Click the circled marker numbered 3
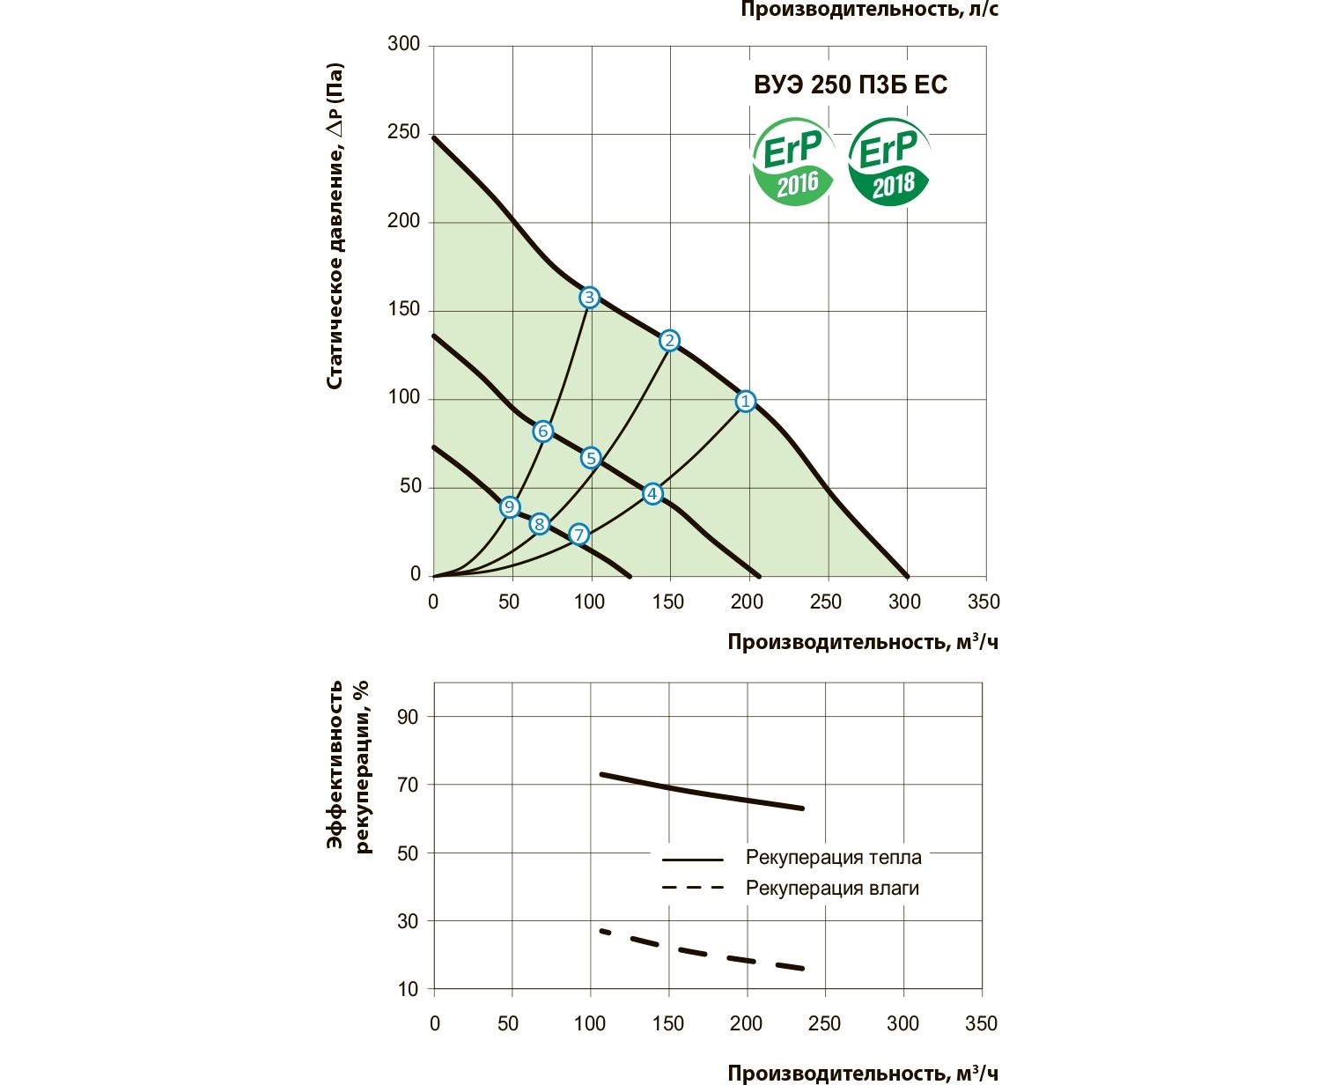point(589,298)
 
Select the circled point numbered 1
point(746,402)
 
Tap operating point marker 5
point(590,458)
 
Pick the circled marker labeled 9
point(509,507)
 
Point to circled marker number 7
point(578,535)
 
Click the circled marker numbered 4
point(652,494)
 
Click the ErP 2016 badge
point(792,164)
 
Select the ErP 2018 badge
point(889,164)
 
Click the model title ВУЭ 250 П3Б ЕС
point(851,85)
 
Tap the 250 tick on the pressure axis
point(403,132)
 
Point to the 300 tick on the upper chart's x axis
point(904,602)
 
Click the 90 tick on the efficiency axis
point(408,717)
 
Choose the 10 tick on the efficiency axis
point(408,989)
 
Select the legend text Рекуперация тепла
point(833,858)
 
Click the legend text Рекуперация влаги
point(832,888)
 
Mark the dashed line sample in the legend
point(692,888)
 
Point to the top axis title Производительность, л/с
point(869,11)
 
